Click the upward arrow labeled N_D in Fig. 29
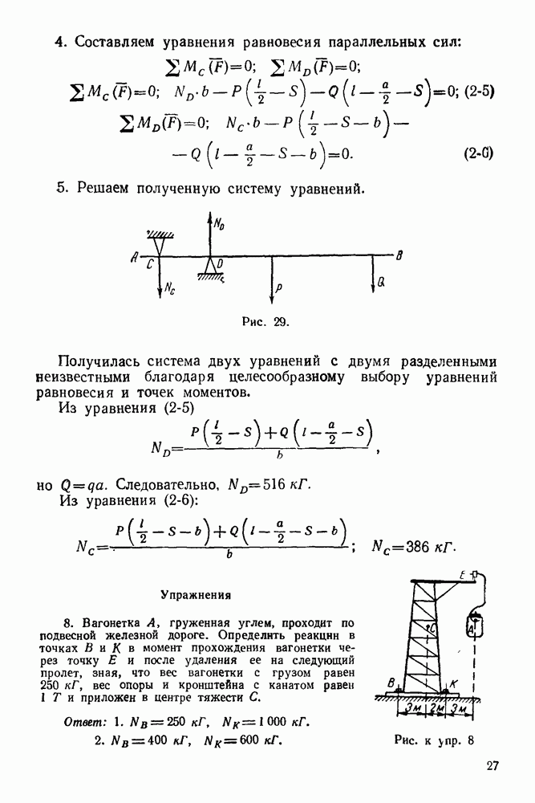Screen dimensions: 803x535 tap(209, 234)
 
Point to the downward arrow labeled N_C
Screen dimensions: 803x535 tap(161, 276)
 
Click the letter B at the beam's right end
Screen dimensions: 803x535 tap(399, 255)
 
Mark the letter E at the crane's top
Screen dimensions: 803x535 tap(463, 575)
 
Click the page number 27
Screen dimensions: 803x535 tap(492, 765)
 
